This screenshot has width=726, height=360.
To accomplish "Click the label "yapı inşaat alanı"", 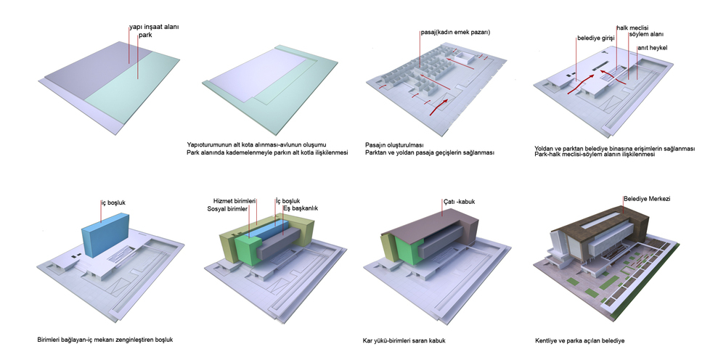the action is pos(154,27).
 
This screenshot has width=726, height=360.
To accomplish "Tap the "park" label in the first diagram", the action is pos(145,35).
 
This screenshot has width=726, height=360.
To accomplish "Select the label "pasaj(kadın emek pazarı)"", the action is pos(455,33).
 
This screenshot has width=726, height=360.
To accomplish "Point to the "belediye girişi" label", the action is pos(595,38).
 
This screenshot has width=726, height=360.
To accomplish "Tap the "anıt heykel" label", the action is pos(652,48).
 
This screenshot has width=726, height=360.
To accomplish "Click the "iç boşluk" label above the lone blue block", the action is pos(113,202).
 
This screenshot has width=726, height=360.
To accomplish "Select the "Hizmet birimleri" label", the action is pos(234,201).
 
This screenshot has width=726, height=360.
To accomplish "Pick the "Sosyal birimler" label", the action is pos(228,209).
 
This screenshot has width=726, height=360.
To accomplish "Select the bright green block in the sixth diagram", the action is pos(248,249).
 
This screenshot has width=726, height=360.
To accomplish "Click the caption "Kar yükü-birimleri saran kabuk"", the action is pos(404,341).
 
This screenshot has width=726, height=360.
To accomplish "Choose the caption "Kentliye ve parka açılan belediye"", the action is pos(579,341).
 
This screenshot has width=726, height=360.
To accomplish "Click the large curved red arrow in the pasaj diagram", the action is pos(438,106).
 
